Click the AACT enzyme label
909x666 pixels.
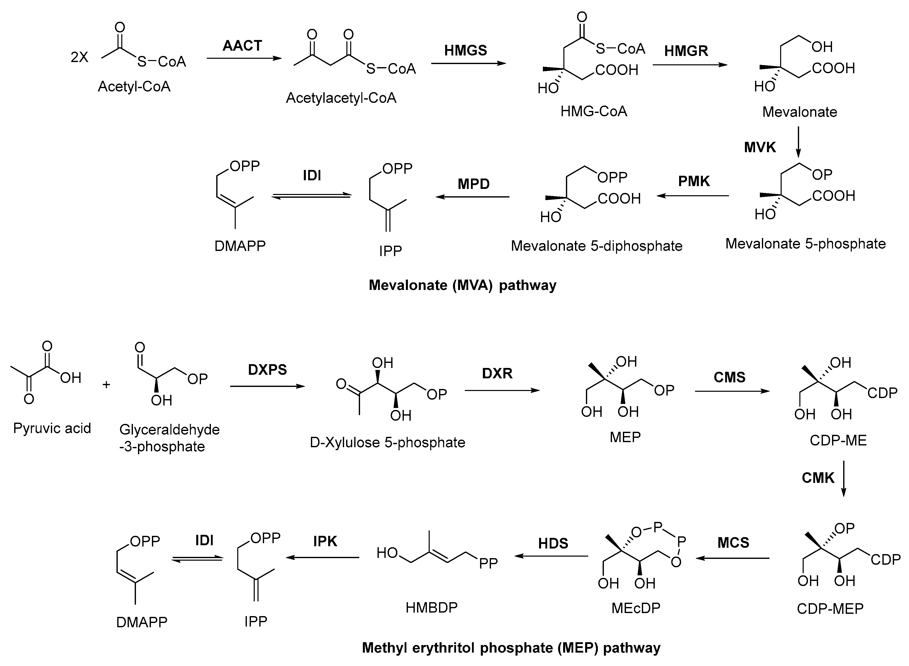(242, 46)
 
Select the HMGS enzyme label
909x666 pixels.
(466, 50)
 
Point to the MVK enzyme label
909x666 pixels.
(760, 148)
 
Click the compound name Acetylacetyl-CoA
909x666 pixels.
(341, 98)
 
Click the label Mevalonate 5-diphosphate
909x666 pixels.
(597, 246)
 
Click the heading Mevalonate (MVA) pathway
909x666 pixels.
(462, 285)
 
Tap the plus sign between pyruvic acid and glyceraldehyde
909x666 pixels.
(106, 385)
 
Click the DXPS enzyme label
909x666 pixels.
(267, 370)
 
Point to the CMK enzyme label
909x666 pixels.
(818, 478)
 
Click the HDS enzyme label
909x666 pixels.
(553, 544)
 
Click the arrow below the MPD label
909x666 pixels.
(472, 197)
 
